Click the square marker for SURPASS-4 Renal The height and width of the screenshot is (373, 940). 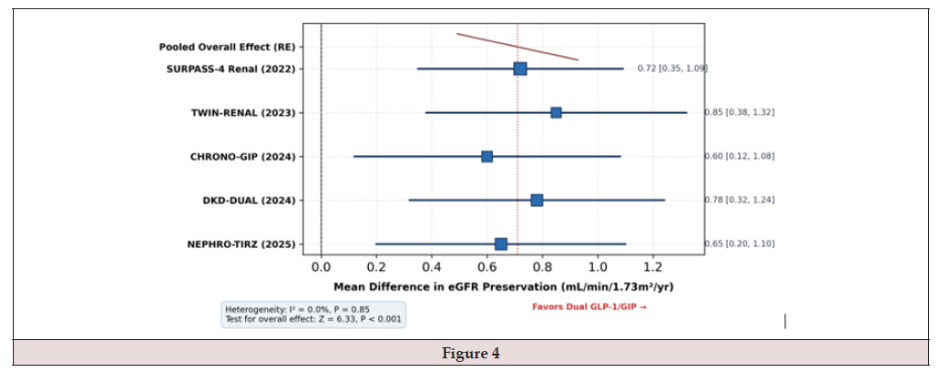[520, 69]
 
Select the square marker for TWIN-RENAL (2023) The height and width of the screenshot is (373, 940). [555, 113]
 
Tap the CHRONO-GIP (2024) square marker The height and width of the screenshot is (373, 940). [487, 156]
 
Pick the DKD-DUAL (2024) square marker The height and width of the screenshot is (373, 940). [536, 200]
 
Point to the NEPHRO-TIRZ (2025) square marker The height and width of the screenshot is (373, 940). [500, 244]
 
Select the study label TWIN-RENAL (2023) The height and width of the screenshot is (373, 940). [243, 113]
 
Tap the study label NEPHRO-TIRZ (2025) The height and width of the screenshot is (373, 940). [242, 244]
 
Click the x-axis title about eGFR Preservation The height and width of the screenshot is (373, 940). [504, 288]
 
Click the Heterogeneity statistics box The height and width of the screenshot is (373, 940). [314, 313]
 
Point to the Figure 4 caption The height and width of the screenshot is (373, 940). [471, 354]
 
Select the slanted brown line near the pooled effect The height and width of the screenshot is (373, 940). [518, 47]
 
